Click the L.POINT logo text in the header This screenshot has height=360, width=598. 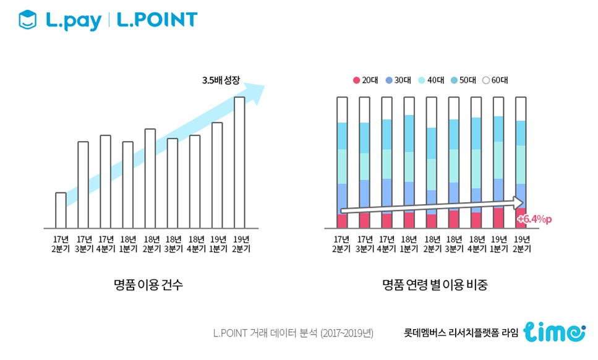(157, 20)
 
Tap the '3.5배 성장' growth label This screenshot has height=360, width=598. (221, 80)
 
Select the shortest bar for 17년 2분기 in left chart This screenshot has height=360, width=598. (61, 210)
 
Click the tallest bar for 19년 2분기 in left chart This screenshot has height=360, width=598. (239, 162)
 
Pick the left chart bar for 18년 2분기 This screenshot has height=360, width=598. (150, 178)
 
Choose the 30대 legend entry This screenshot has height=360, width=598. (398, 80)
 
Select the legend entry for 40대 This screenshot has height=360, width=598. (431, 80)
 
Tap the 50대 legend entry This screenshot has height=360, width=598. (464, 80)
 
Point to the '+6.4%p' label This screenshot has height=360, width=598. (533, 219)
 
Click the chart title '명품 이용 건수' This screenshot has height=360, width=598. (148, 285)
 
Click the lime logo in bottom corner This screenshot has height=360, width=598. (553, 332)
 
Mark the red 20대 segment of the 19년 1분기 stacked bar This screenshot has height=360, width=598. (498, 218)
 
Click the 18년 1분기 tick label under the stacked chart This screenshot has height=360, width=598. (409, 244)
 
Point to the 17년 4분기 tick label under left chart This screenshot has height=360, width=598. (106, 244)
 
